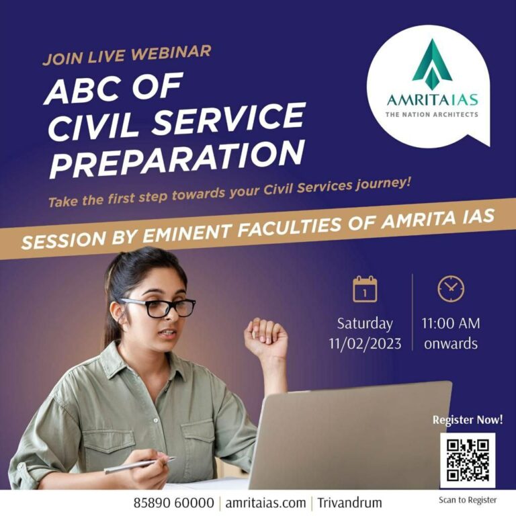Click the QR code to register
point(468,460)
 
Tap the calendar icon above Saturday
point(365,289)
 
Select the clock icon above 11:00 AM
point(451,288)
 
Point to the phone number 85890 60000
point(173,503)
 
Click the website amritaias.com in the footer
point(265,503)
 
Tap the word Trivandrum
point(349,503)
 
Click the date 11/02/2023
point(365,344)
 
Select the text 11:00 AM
point(451,323)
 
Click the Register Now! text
point(468,420)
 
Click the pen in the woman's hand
point(140,466)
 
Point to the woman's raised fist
point(266,337)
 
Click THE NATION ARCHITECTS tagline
point(432,114)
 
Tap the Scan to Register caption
point(468,500)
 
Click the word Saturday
point(365,324)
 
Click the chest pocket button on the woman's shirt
point(156,420)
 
